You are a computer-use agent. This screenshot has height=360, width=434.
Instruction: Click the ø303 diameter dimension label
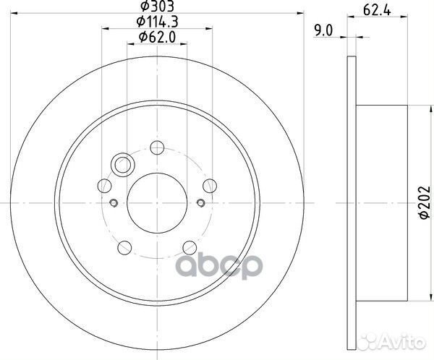pos(157,6)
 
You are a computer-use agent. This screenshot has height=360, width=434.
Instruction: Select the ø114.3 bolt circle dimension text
pos(157,22)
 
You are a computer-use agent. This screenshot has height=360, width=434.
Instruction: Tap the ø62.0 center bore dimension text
pos(157,37)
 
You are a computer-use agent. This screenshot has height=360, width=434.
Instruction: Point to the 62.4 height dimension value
pos(377,11)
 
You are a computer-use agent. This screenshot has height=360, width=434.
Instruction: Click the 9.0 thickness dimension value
pos(323,30)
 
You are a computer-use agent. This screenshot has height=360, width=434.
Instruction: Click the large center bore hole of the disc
pos(157,203)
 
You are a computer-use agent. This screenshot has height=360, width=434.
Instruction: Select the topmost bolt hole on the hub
pos(157,147)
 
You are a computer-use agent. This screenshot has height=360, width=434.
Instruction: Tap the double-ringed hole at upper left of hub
pos(123,165)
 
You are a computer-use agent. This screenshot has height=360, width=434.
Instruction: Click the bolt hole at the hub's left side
pos(105,186)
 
